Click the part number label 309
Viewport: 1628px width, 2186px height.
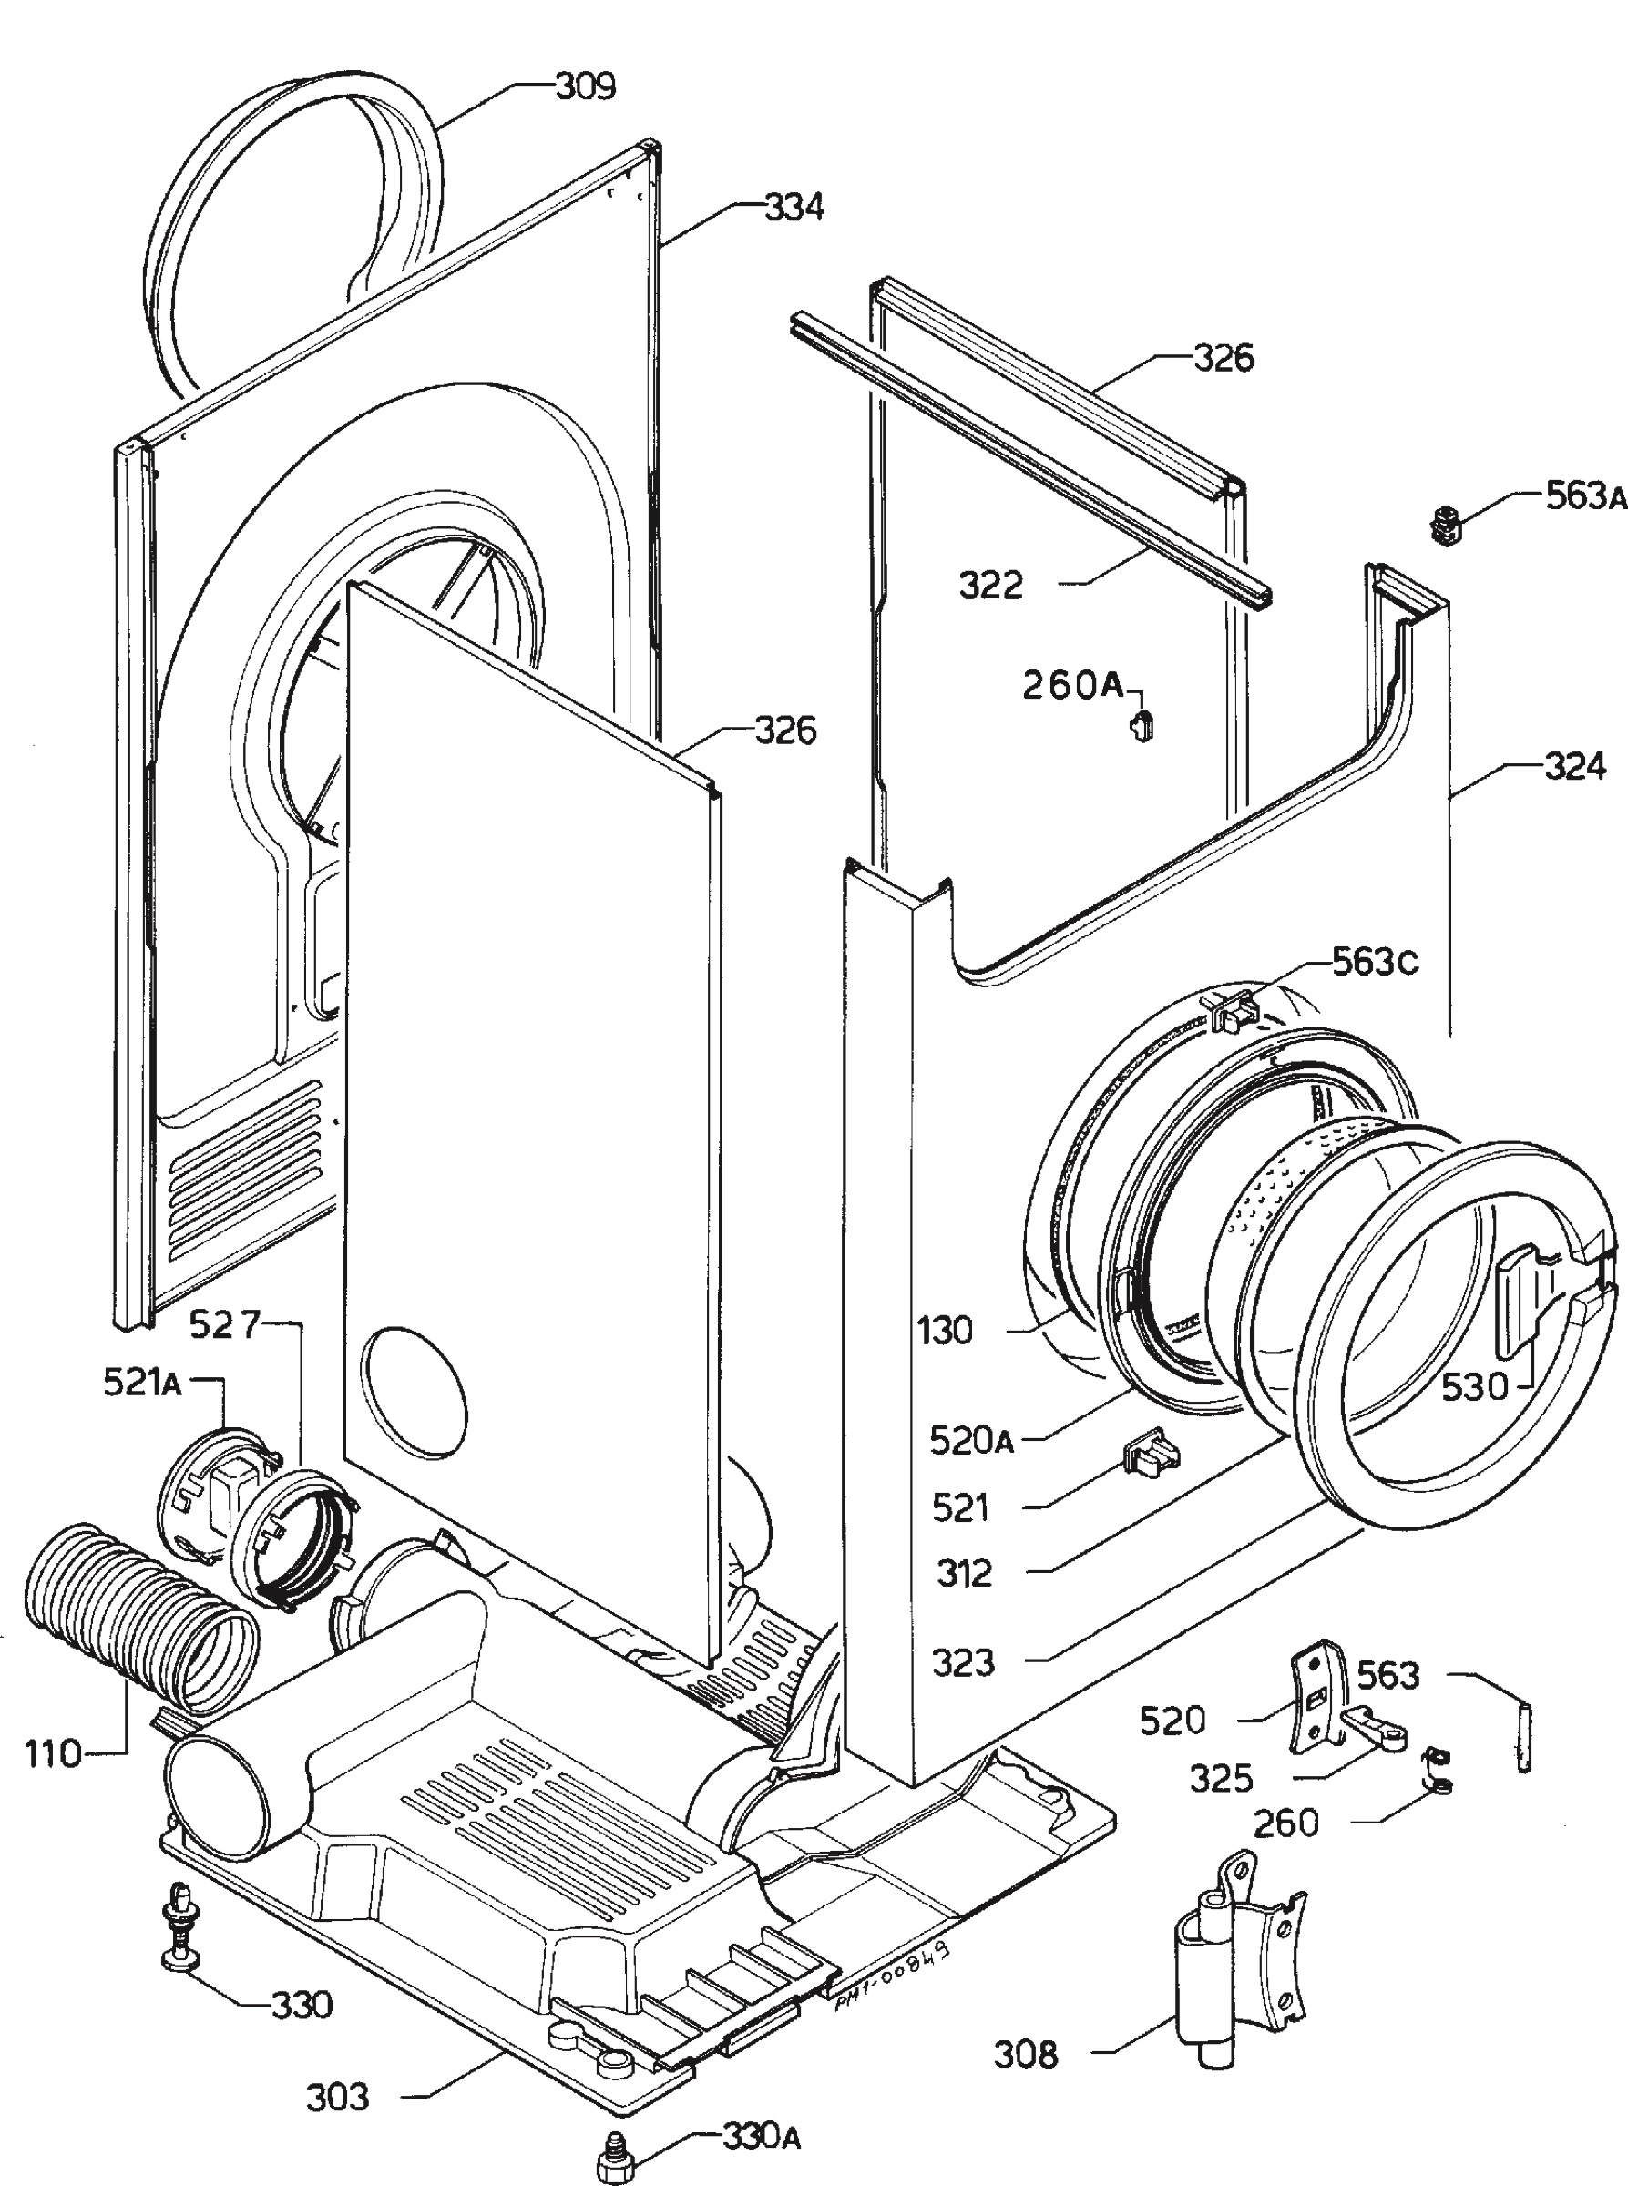tap(587, 87)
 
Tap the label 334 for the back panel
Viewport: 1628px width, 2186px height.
tap(794, 208)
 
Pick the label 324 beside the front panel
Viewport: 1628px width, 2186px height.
tap(1575, 765)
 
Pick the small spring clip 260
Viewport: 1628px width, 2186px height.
tap(1438, 1772)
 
